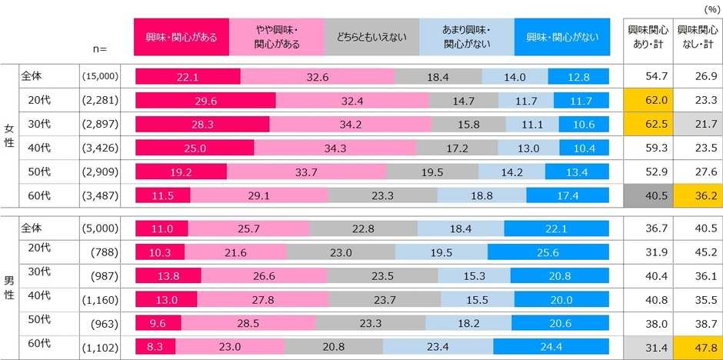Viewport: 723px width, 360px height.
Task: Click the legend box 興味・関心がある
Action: pos(182,36)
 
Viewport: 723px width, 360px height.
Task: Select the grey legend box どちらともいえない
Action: pos(372,36)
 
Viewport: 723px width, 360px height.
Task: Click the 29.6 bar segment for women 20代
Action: pos(205,101)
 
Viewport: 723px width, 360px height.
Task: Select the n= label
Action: pos(98,48)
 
